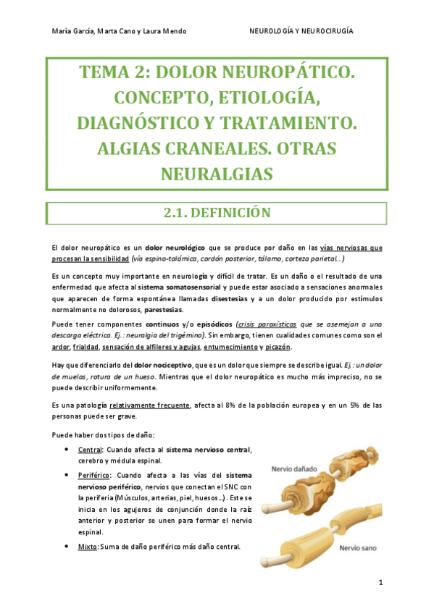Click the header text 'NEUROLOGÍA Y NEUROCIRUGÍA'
pyautogui.click(x=301, y=31)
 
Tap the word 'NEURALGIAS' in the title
pyautogui.click(x=217, y=174)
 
